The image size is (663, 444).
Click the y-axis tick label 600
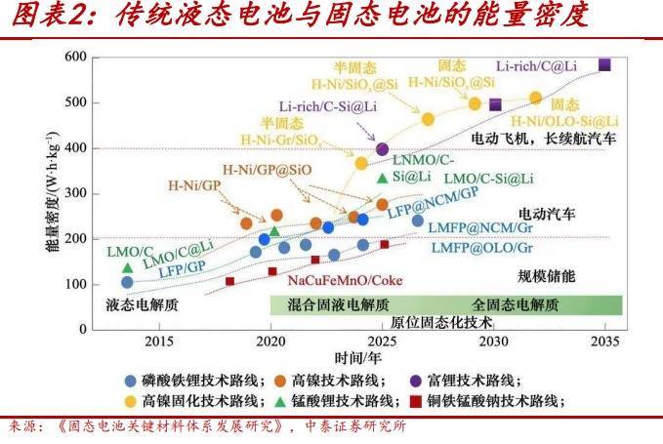point(75,57)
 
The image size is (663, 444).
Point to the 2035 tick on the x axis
point(605,342)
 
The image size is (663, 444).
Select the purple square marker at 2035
point(605,64)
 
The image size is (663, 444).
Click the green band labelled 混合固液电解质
point(331,303)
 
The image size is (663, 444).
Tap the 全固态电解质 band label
point(515,303)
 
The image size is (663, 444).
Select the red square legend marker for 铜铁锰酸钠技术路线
point(415,401)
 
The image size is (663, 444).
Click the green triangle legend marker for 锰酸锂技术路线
point(281,401)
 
